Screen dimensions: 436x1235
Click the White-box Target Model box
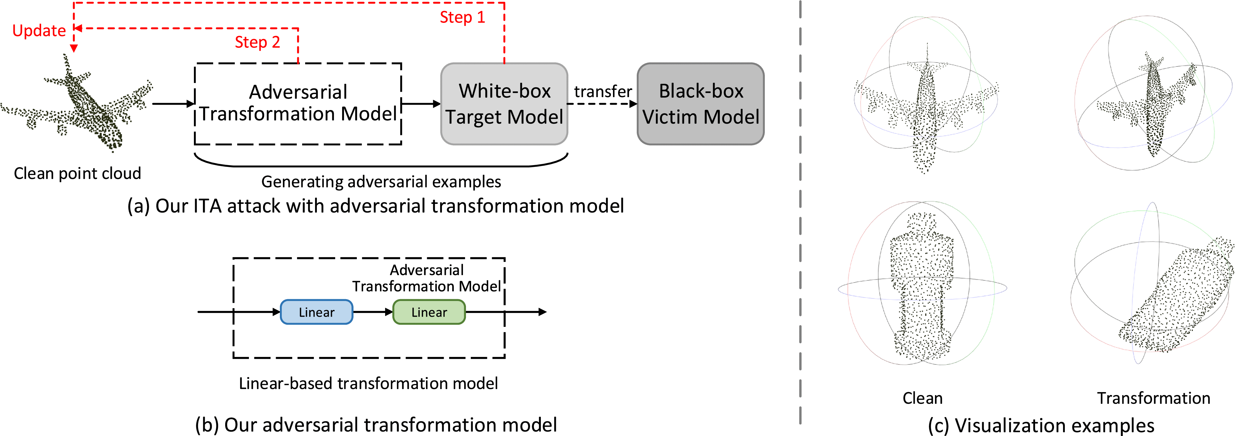point(504,104)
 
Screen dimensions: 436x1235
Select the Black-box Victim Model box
point(700,104)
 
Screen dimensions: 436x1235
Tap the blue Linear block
point(317,312)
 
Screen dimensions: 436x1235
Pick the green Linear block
point(429,312)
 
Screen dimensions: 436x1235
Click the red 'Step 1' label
point(462,17)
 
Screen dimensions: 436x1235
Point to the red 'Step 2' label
point(257,42)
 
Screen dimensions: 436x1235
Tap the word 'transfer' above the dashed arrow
point(603,91)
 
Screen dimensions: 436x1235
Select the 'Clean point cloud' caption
point(77,173)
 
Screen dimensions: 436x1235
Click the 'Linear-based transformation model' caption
point(368,383)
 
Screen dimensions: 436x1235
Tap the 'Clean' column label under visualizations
point(922,398)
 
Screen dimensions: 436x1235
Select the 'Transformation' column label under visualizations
point(1154,398)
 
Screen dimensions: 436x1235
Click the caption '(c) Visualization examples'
point(1041,425)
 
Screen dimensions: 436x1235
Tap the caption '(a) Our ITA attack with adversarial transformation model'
point(375,206)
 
